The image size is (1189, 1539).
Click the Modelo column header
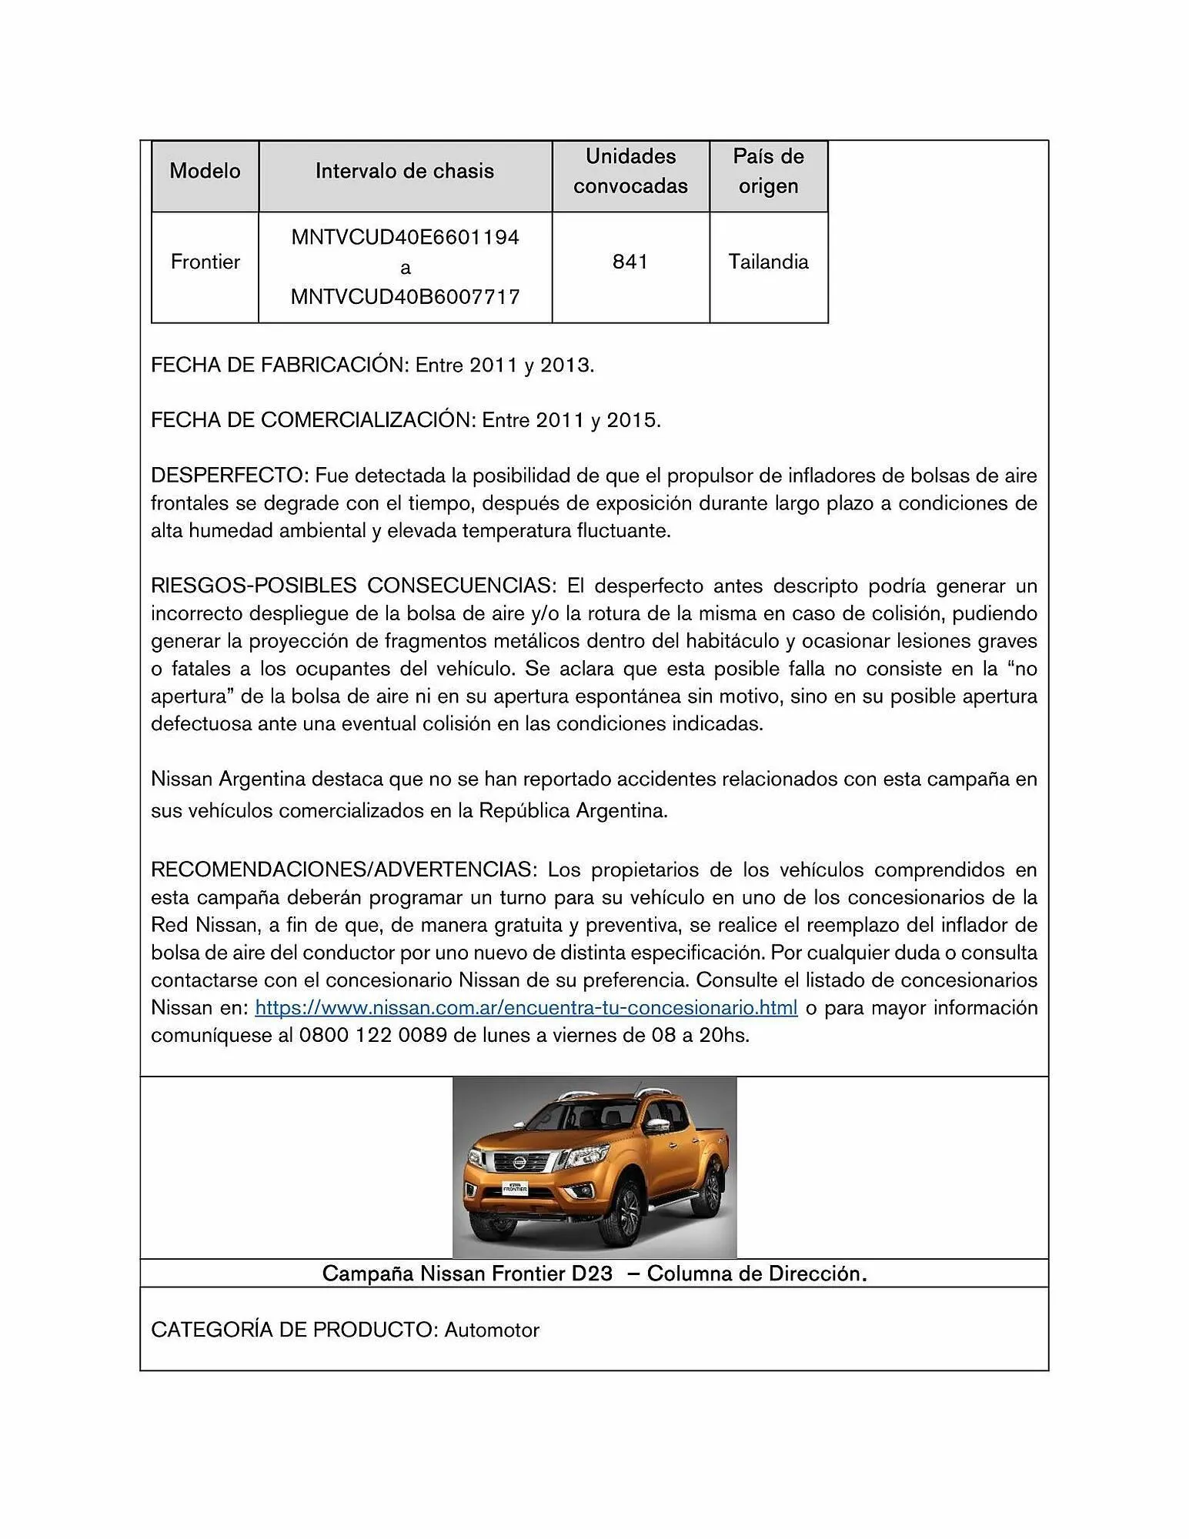[x=205, y=171]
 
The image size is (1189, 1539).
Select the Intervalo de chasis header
[x=405, y=171]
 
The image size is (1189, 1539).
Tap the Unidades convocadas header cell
[x=630, y=171]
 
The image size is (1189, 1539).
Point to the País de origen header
[x=768, y=171]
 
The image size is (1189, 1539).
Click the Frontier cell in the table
[x=205, y=262]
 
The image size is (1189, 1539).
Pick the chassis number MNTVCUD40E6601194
[x=405, y=237]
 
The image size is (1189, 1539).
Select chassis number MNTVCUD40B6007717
[x=405, y=296]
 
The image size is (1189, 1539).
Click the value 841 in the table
[x=630, y=262]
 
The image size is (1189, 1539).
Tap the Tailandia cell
[x=768, y=262]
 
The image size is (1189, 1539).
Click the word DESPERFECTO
[x=229, y=476]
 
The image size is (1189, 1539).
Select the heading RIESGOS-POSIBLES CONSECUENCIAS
[x=352, y=586]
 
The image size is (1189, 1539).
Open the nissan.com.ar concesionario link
[x=526, y=1007]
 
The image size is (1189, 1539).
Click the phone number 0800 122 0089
[x=372, y=1035]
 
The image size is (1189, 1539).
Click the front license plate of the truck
[x=514, y=1187]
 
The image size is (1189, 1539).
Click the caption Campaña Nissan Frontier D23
[x=467, y=1274]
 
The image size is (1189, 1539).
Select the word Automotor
[x=492, y=1330]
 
